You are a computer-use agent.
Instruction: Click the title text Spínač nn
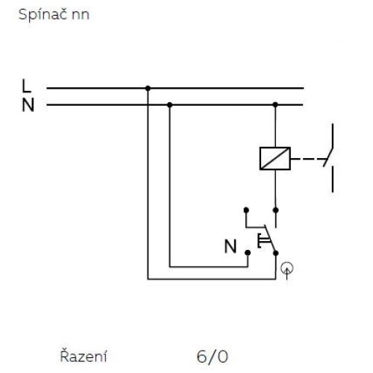pyautogui.click(x=54, y=15)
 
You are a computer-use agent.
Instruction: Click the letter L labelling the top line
pyautogui.click(x=26, y=86)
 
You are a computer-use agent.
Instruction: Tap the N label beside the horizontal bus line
pyautogui.click(x=28, y=105)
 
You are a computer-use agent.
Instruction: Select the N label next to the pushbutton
pyautogui.click(x=231, y=246)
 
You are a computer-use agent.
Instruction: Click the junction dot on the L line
pyautogui.click(x=148, y=88)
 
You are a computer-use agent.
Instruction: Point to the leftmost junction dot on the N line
pyautogui.click(x=169, y=105)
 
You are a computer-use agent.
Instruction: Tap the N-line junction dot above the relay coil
pyautogui.click(x=275, y=104)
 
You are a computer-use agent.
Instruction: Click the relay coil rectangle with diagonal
pyautogui.click(x=275, y=158)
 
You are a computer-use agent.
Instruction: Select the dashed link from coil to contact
pyautogui.click(x=308, y=159)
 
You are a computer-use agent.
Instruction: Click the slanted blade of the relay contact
pyautogui.click(x=328, y=157)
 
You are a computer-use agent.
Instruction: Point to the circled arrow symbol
pyautogui.click(x=287, y=269)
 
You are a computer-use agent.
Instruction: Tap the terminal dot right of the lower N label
pyautogui.click(x=248, y=253)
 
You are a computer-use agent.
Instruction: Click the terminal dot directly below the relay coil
pyautogui.click(x=275, y=210)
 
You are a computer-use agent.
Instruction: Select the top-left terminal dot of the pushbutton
pyautogui.click(x=246, y=210)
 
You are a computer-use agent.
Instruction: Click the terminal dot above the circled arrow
pyautogui.click(x=276, y=253)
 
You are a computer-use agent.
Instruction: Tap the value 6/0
pyautogui.click(x=213, y=357)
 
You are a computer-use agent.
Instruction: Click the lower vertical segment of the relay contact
pyautogui.click(x=333, y=179)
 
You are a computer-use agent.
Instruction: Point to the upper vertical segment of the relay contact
pyautogui.click(x=333, y=136)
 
